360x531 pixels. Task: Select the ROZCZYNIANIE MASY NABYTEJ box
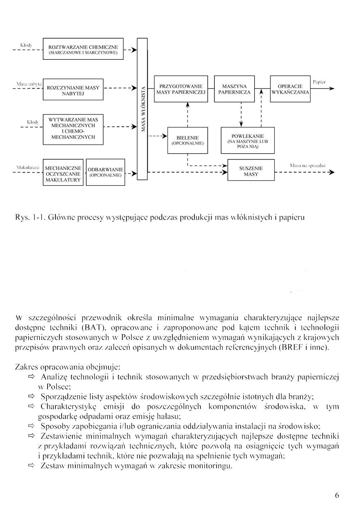pos(73,90)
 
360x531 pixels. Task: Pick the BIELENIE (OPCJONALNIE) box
pos(187,140)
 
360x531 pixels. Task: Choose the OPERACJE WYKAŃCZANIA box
pos(290,89)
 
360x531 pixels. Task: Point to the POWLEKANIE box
pos(248,141)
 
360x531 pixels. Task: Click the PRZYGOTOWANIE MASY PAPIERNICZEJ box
pos(181,89)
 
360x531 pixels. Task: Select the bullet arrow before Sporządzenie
pos(32,396)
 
